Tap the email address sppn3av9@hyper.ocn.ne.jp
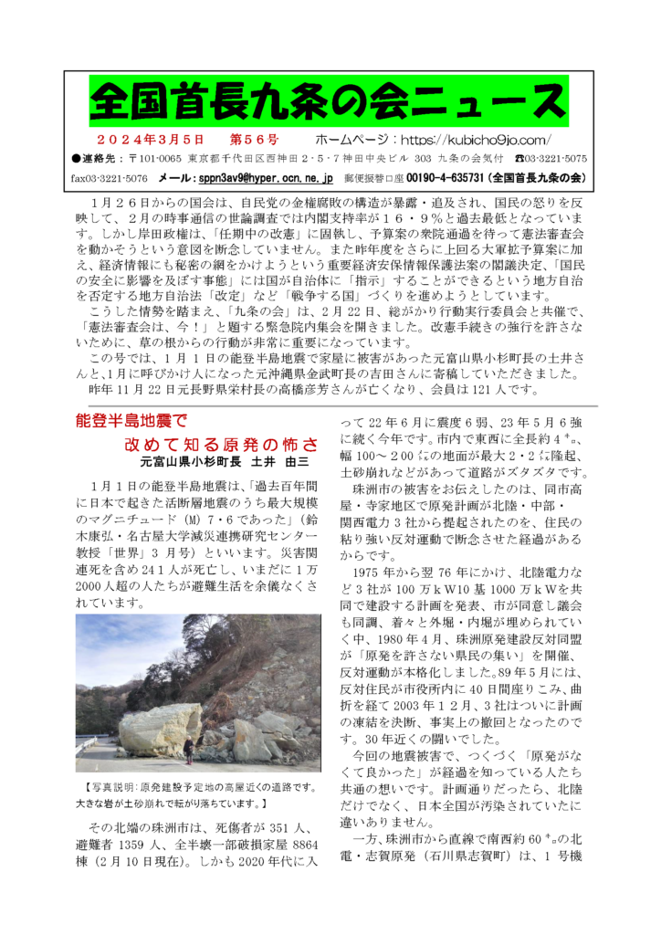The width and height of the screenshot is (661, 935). tap(268, 176)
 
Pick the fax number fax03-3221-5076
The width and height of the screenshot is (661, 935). tap(109, 176)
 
